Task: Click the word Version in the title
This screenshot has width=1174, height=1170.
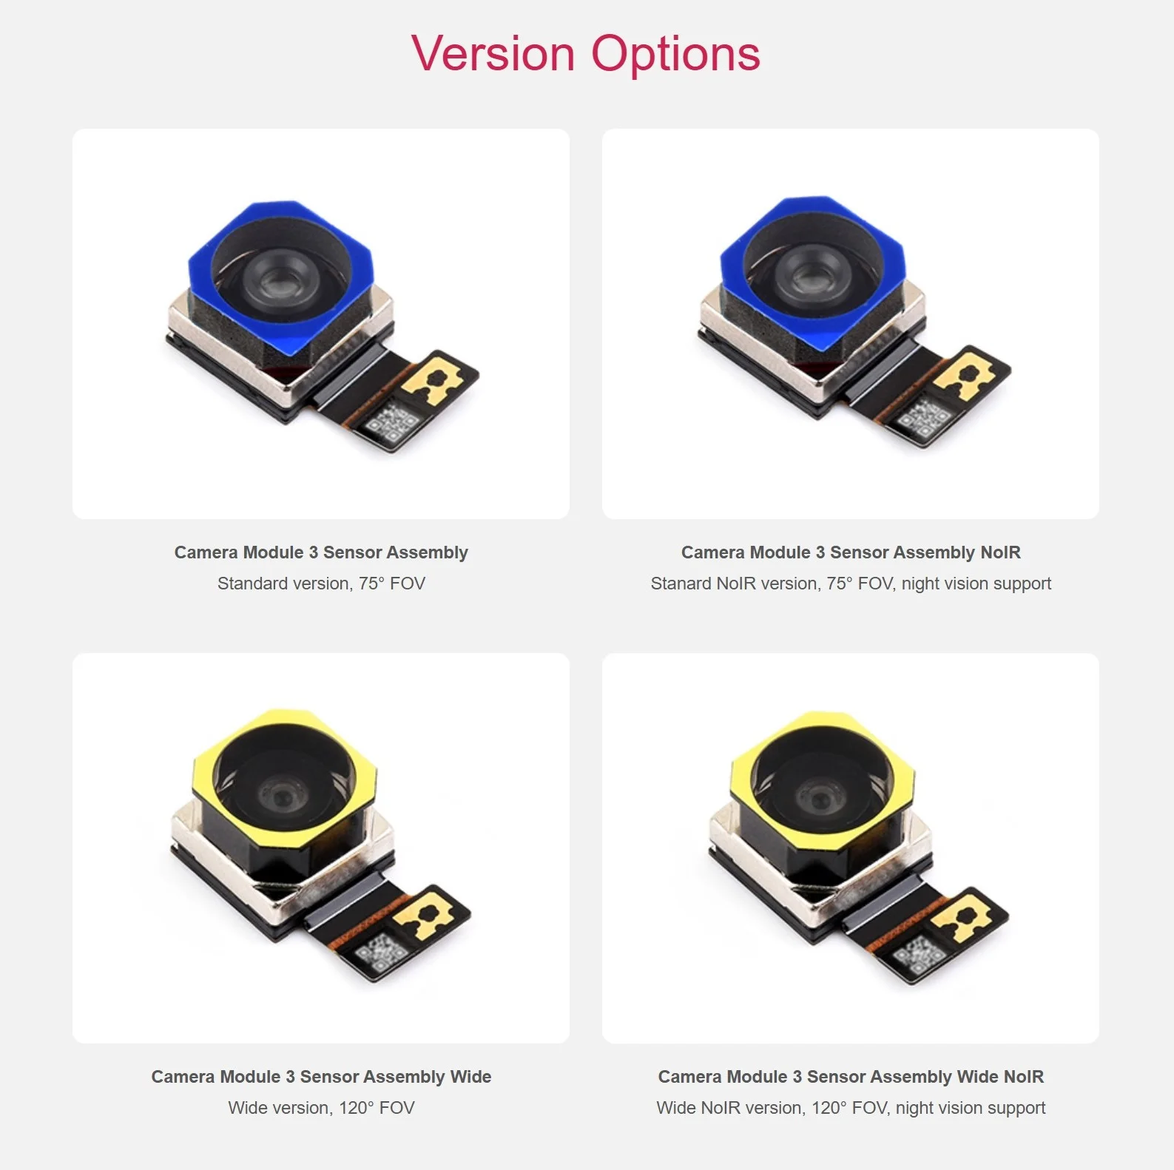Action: (x=493, y=54)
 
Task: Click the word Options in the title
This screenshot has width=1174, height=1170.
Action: (x=675, y=54)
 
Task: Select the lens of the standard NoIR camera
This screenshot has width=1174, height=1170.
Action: (x=811, y=277)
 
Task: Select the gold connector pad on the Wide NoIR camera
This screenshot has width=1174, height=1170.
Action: (x=961, y=918)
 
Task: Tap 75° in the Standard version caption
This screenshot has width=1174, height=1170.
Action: (x=371, y=584)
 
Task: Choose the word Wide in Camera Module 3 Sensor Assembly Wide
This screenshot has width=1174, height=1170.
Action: (x=470, y=1077)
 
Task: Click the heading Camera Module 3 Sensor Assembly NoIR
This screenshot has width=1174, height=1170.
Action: (x=851, y=552)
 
